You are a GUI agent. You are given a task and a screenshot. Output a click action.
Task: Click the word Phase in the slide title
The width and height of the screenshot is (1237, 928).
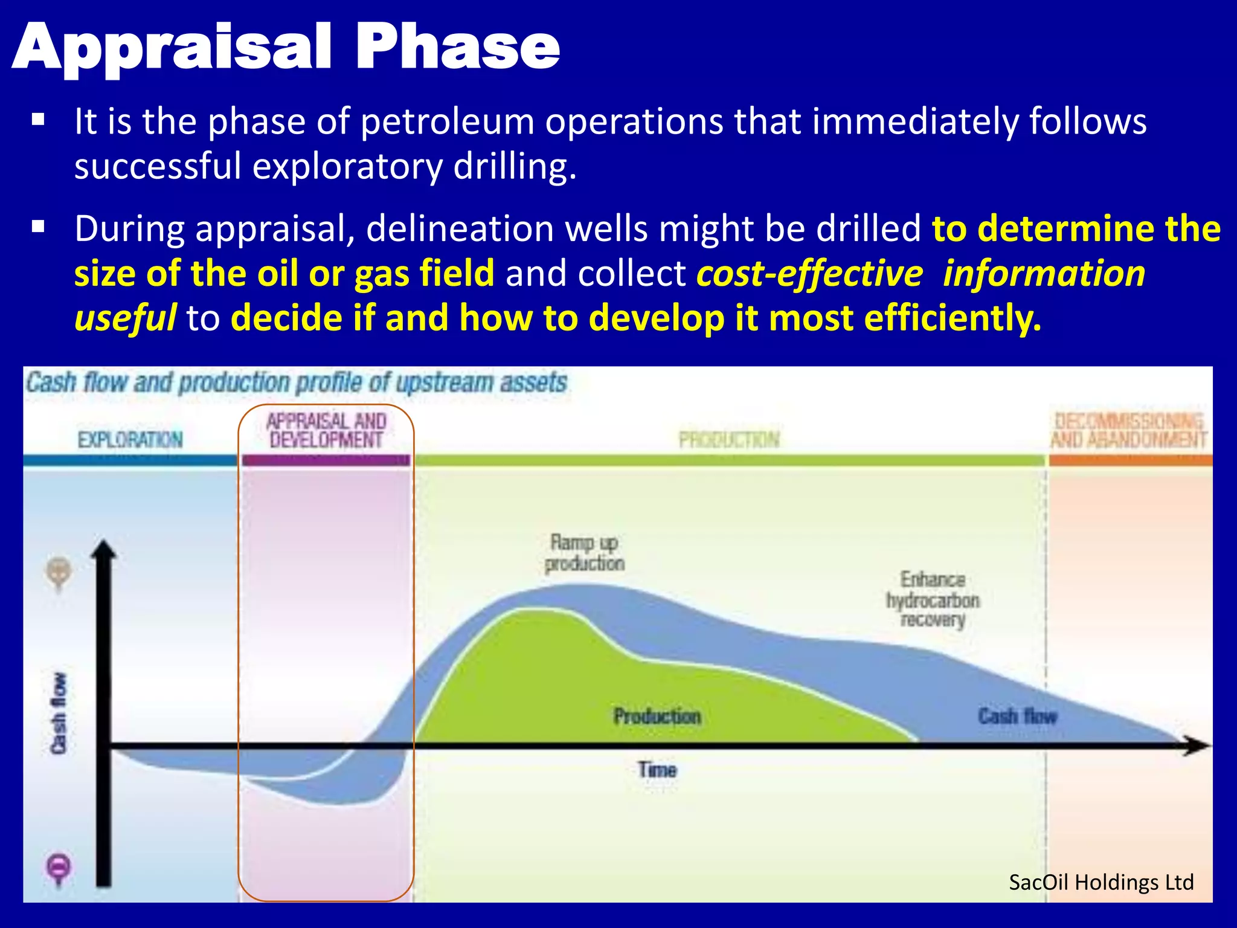458,47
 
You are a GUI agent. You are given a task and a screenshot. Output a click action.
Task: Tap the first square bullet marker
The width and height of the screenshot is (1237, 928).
38,120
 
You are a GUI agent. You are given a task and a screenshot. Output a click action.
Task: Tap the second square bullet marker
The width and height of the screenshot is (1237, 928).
38,228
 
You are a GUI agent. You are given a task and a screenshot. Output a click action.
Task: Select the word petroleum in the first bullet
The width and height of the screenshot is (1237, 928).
448,121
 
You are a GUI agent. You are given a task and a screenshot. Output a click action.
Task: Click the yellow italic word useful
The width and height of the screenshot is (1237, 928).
125,318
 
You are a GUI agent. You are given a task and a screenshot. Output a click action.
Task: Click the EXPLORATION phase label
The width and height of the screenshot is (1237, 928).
130,440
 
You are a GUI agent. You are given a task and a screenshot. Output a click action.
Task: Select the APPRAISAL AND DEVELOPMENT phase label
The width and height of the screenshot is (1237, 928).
326,430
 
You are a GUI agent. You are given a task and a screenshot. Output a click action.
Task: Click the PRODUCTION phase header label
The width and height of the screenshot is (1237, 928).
729,440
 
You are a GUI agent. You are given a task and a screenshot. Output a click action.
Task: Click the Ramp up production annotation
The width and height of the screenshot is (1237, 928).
584,553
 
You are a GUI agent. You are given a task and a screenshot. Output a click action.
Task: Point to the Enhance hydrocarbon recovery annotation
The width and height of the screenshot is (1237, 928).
933,599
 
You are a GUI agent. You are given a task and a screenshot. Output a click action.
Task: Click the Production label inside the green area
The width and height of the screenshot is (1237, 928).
657,717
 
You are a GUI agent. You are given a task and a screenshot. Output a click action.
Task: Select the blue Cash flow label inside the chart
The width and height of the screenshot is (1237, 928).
1017,717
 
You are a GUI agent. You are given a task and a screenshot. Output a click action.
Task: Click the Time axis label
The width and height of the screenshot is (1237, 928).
657,770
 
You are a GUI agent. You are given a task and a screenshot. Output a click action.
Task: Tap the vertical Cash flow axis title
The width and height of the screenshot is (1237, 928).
59,714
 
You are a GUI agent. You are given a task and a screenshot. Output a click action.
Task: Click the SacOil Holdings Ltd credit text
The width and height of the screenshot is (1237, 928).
1100,883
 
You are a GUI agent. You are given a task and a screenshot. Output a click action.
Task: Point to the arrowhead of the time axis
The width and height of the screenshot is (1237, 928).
1199,746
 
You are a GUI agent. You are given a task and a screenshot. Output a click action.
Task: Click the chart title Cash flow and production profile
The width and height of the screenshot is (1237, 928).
296,382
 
